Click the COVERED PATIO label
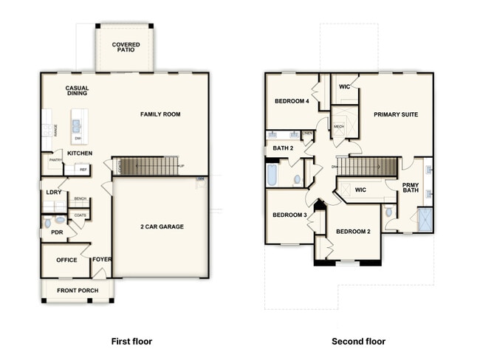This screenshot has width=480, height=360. click(126, 49)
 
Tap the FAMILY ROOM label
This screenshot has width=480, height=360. click(160, 114)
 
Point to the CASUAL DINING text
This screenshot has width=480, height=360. click(77, 91)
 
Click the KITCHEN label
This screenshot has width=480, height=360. click(80, 153)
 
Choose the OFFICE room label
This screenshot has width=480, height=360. click(66, 260)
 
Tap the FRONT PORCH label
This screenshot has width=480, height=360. click(78, 290)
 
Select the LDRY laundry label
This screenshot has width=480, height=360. click(53, 192)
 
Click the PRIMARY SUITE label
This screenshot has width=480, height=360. click(396, 114)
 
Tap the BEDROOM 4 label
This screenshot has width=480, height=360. click(292, 101)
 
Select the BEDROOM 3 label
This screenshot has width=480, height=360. click(289, 215)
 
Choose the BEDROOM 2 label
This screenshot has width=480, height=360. click(353, 232)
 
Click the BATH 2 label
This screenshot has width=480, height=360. click(283, 148)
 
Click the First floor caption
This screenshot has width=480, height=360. click(131, 342)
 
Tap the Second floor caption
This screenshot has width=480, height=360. click(358, 342)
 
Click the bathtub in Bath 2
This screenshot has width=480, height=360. click(272, 176)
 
